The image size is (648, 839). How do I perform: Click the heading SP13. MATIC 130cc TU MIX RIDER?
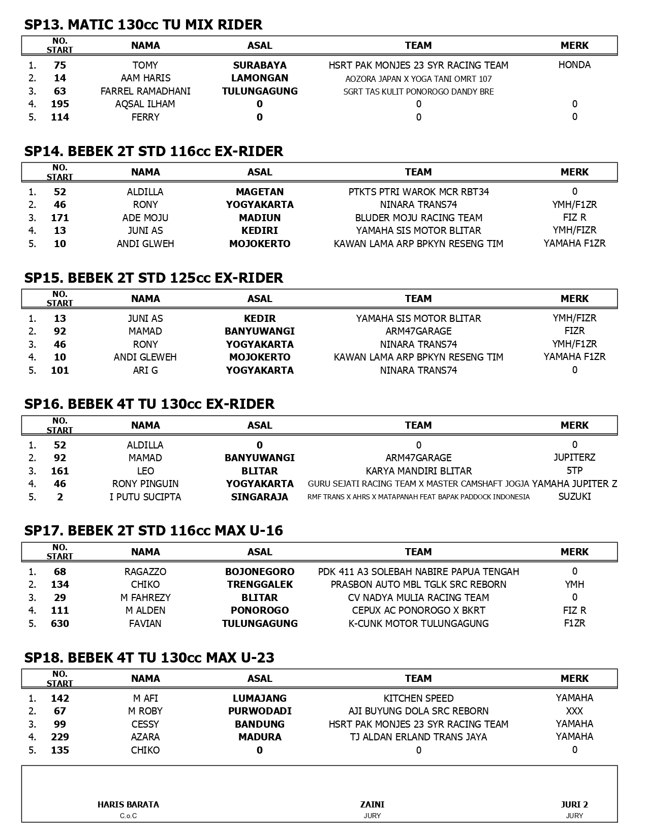143,24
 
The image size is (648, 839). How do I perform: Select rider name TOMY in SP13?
145,65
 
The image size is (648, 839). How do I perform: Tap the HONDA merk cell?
574,65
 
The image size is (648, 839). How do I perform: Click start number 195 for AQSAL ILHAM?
60,104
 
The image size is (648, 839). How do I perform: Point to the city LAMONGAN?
260,78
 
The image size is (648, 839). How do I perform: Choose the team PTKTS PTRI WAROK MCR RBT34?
418,192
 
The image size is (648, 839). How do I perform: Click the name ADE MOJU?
145,218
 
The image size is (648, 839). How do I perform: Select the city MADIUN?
260,218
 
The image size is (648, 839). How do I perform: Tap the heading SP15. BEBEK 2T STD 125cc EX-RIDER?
153,278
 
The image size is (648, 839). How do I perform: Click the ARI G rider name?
145,370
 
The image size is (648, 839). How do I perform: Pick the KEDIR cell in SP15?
260,318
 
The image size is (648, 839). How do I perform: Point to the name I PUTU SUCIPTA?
145,497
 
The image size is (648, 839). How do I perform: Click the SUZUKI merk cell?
574,496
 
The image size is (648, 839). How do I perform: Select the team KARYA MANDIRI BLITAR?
418,471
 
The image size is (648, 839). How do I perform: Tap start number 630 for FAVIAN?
60,623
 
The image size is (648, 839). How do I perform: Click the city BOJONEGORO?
260,572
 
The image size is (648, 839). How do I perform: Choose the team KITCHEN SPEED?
418,698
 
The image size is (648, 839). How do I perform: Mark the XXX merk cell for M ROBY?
574,711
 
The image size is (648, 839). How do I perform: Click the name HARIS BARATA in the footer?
128,804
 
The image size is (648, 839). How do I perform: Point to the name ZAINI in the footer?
372,804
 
